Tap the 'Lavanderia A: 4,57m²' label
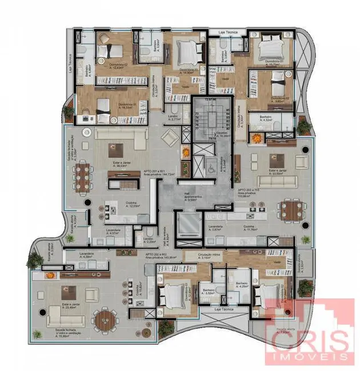coord(113,232)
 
